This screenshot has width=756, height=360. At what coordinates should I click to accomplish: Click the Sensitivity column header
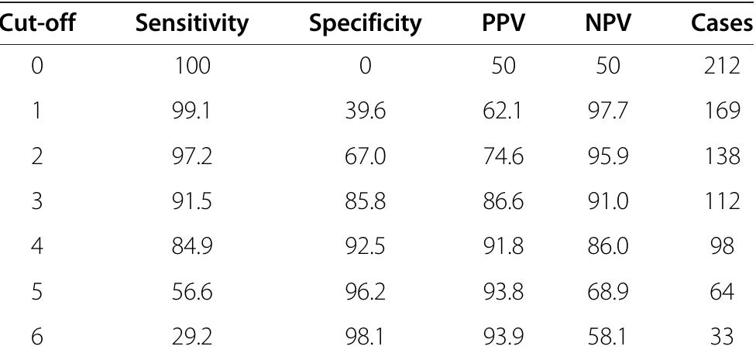pos(192,23)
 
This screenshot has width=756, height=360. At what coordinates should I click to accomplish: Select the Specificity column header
pos(365,23)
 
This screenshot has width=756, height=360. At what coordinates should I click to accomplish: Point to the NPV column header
pos(607,23)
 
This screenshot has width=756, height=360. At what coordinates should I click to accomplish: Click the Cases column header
pos(722,23)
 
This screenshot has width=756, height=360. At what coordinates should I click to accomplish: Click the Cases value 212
pos(723,68)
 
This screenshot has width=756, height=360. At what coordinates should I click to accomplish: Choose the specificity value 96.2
pos(365,293)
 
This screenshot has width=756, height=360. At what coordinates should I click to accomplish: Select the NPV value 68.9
pos(607,293)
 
